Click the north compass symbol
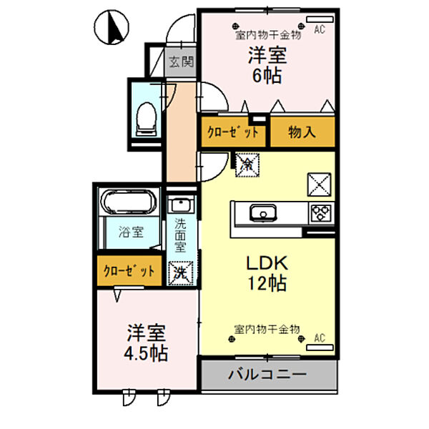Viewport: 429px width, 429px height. [112, 27]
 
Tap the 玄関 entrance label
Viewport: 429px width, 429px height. [181, 62]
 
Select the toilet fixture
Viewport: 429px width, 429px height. [147, 119]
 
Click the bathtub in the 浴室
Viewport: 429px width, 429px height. [129, 202]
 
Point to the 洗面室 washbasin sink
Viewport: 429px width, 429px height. [181, 204]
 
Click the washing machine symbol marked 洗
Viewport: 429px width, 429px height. [181, 273]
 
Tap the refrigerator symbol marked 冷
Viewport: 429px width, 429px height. [247, 164]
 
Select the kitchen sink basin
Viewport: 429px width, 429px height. [263, 212]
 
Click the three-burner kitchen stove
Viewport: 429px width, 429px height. [322, 213]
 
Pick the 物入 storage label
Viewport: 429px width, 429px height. [302, 132]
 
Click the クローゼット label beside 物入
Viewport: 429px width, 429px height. [233, 132]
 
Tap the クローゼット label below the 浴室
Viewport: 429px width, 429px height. [129, 271]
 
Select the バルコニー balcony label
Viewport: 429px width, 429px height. [267, 374]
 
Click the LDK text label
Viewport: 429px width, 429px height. [267, 263]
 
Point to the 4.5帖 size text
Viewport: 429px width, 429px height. [146, 353]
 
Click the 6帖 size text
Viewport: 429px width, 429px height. [267, 76]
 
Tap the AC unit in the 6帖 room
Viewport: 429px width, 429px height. [320, 19]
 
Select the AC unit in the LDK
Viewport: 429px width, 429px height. [320, 347]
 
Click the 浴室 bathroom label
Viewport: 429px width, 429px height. [131, 232]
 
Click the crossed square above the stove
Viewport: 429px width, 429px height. [320, 184]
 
